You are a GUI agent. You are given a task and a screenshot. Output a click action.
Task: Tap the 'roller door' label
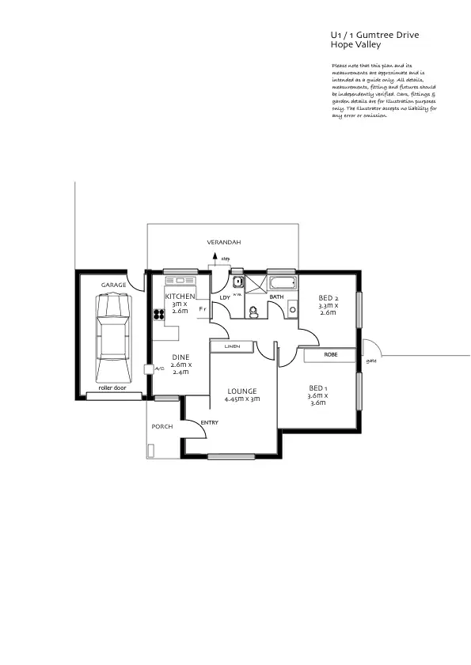click(112, 388)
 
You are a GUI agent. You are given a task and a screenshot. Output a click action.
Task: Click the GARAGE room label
click(113, 284)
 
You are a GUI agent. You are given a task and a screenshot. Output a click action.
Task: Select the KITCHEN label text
click(180, 296)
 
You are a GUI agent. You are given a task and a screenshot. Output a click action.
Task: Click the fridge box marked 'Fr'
click(202, 309)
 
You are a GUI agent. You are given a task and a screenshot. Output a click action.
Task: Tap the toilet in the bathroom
click(253, 313)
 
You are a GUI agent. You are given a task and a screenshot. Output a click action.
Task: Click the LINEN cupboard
click(232, 346)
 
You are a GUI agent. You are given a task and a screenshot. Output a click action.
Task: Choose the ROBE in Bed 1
click(330, 356)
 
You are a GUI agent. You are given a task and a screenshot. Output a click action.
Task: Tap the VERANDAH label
click(223, 241)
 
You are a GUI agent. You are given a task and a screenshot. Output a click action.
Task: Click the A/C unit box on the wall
click(148, 368)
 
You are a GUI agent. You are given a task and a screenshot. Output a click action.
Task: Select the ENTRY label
click(209, 422)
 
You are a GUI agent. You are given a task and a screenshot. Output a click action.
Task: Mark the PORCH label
click(162, 427)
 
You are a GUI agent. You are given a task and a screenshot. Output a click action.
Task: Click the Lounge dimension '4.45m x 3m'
click(242, 399)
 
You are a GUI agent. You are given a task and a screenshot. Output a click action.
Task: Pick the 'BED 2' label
click(328, 297)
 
